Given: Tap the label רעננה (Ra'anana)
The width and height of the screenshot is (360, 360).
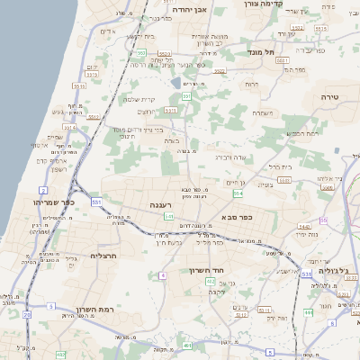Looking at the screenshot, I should click(x=160, y=206).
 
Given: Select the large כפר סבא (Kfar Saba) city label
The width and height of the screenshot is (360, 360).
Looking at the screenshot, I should click(x=236, y=216).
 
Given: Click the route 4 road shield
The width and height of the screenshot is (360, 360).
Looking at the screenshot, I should click(x=163, y=274).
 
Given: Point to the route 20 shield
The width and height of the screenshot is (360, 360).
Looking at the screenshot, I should click(x=27, y=315).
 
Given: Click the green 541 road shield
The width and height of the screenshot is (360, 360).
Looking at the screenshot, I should click(x=168, y=216).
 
